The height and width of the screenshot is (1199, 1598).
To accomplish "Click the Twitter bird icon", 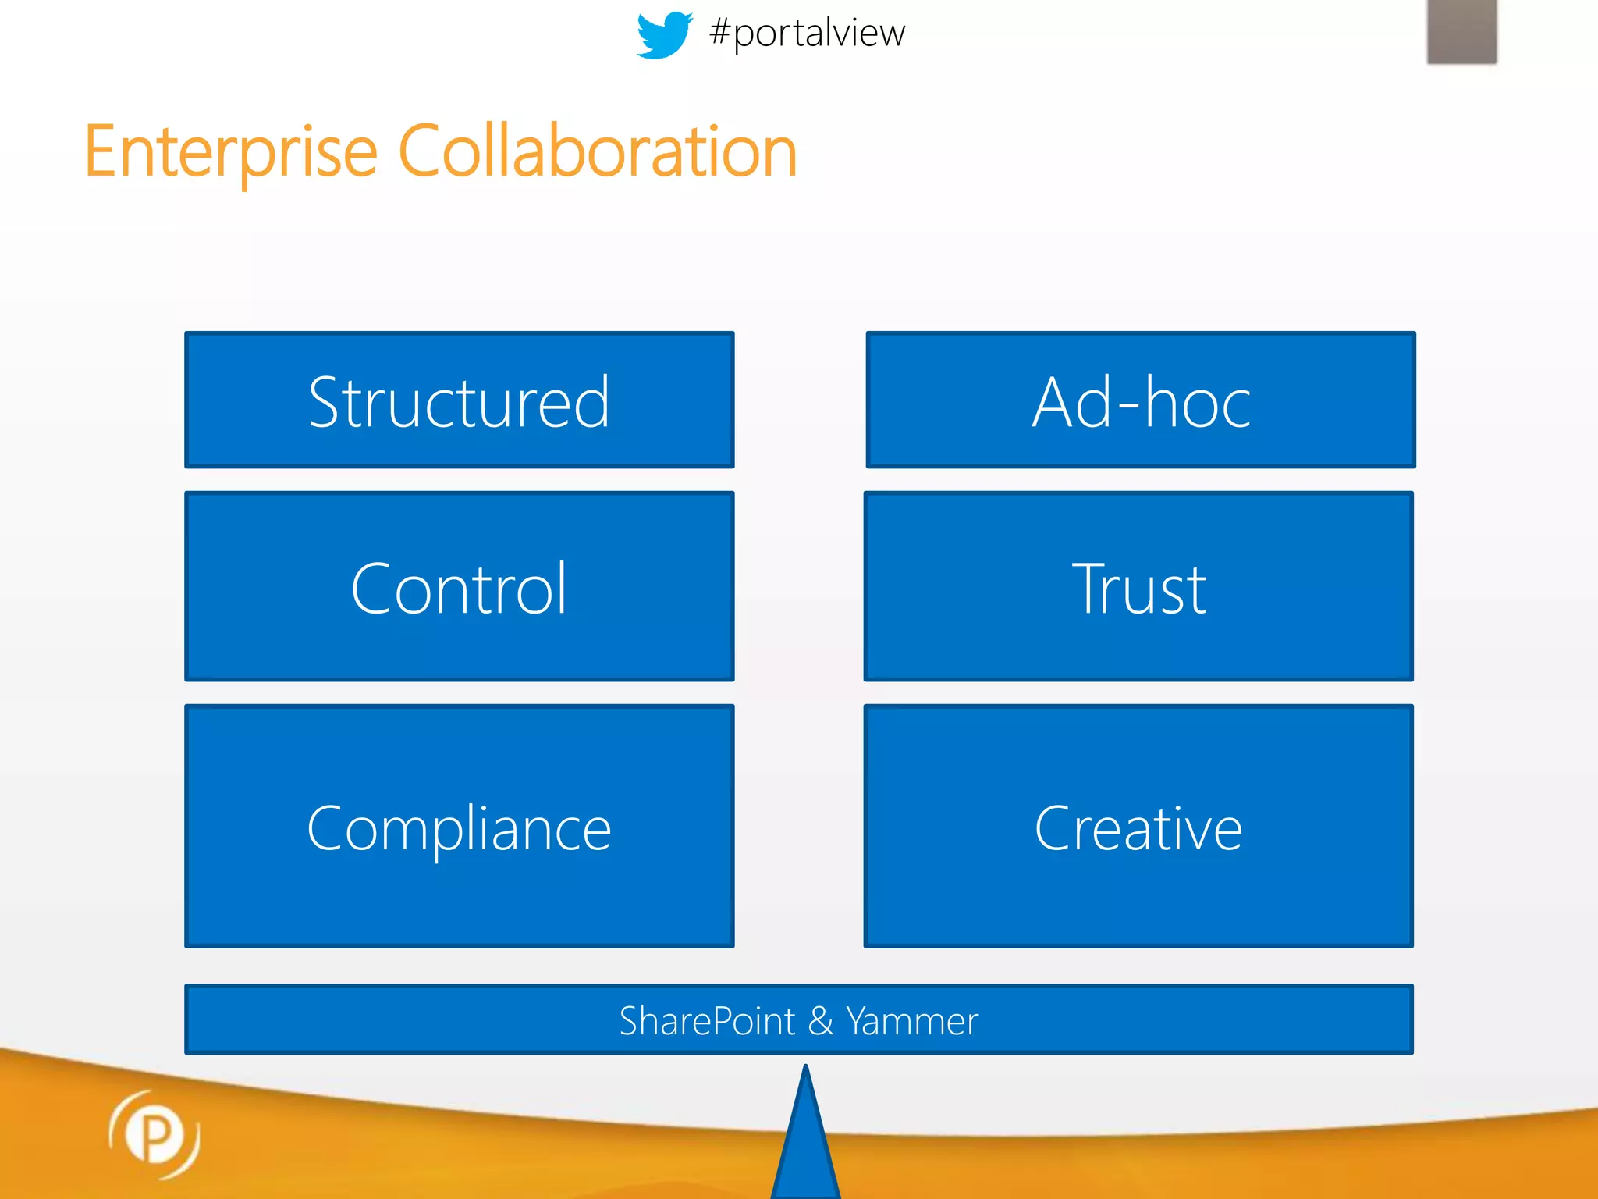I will [664, 34].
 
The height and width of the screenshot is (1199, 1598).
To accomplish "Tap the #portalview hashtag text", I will [807, 34].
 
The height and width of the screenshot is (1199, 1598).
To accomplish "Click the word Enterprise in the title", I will [231, 151].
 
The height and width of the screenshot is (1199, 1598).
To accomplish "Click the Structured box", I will [459, 400].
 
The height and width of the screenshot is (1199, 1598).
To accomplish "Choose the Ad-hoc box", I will [1140, 400].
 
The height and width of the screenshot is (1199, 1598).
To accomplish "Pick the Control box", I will [459, 586].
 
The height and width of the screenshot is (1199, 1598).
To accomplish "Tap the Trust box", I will [1138, 586].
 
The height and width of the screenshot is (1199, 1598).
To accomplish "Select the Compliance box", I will [459, 826].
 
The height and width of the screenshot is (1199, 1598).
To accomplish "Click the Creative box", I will [1138, 826].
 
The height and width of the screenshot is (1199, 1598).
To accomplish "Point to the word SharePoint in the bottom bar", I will [707, 1021].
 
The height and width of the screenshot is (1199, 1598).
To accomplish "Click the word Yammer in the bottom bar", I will [912, 1021].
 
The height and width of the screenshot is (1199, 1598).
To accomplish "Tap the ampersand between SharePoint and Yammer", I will [821, 1021].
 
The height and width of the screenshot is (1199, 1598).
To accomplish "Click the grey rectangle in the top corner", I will [1461, 31].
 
